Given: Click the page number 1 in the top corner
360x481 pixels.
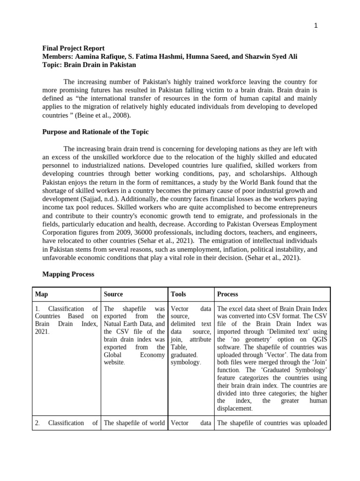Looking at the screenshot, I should [316, 26].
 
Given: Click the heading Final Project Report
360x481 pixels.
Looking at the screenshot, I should [74, 48].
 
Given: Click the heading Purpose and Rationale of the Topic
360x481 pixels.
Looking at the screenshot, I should [96, 132].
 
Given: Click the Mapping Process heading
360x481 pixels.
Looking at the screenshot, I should [68, 274].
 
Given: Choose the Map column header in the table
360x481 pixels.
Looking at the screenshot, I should [41, 295].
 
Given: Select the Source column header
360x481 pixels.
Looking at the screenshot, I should [113, 295].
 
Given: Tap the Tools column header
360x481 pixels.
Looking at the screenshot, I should [178, 295].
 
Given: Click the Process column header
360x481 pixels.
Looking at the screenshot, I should [227, 295].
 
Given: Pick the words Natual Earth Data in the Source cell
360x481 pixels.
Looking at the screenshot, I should [133, 324].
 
